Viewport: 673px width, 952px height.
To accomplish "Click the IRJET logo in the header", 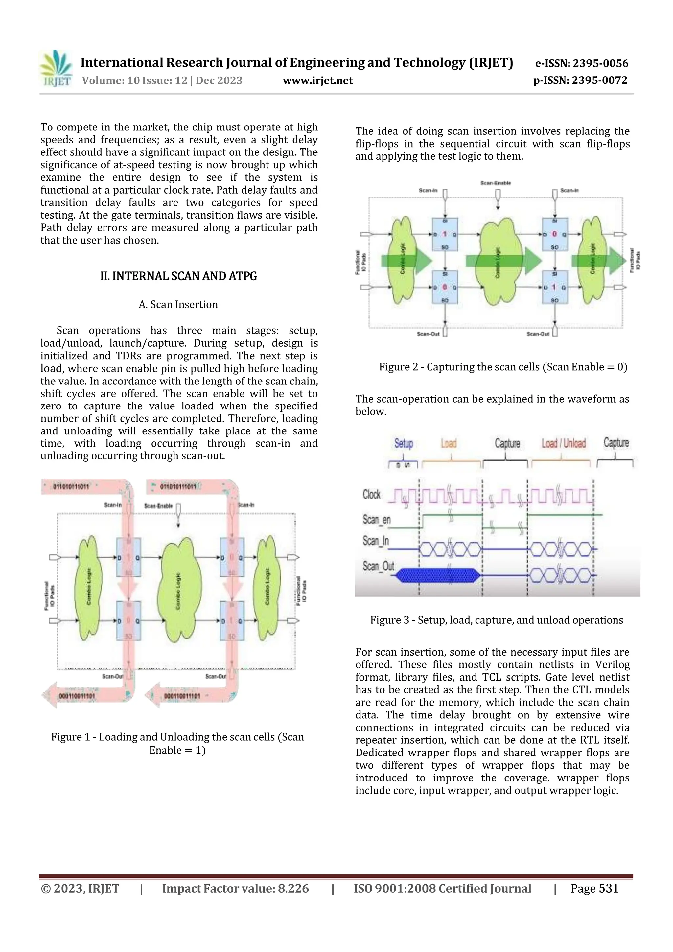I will pyautogui.click(x=56, y=69).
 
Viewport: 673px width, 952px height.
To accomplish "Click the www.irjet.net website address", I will pyautogui.click(x=318, y=81).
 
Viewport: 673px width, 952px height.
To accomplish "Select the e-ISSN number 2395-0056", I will pyautogui.click(x=600, y=63).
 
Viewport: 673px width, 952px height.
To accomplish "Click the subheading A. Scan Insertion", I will pyautogui.click(x=178, y=304).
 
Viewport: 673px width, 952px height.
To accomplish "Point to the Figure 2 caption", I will pyautogui.click(x=503, y=367).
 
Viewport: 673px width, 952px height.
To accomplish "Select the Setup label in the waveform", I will pyautogui.click(x=404, y=443).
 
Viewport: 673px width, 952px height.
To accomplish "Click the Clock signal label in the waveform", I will pyautogui.click(x=372, y=494).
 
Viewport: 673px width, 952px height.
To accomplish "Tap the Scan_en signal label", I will pyautogui.click(x=377, y=520).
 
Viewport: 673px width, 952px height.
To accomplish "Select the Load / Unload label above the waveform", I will pyautogui.click(x=564, y=443).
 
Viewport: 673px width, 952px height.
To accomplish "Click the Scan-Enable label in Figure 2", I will pyautogui.click(x=496, y=183).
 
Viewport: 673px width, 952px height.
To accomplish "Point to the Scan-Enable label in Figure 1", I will pyautogui.click(x=158, y=506).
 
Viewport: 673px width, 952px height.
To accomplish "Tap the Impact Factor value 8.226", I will pyautogui.click(x=293, y=888).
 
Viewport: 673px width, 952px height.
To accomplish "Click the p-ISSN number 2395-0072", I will pyautogui.click(x=600, y=81).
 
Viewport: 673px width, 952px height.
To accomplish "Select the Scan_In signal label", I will pyautogui.click(x=376, y=541).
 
